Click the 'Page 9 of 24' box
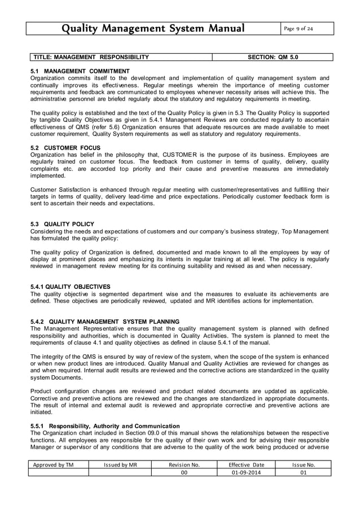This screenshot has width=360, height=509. point(305,28)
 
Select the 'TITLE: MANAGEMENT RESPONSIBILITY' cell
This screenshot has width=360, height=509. point(91,57)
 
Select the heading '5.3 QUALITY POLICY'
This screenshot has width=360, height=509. point(62,224)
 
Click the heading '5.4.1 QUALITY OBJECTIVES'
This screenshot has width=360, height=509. point(71,287)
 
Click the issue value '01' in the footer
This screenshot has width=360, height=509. point(303,473)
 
